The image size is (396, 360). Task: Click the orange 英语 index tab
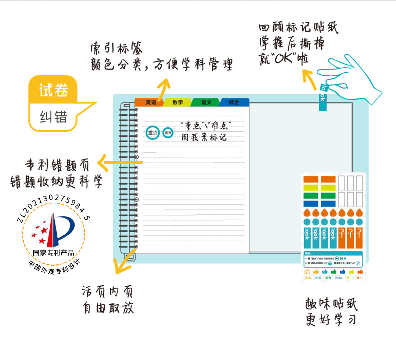[x=150, y=102]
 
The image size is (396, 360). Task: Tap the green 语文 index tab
[x=206, y=102]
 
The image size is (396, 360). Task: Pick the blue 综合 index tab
[x=234, y=102]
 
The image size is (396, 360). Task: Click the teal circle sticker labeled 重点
[x=152, y=133]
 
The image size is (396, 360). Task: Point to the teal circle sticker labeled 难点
[x=168, y=133]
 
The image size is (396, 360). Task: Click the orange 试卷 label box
[x=53, y=90]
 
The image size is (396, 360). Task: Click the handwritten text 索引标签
[x=117, y=49]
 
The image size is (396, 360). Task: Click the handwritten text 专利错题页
[x=57, y=165]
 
